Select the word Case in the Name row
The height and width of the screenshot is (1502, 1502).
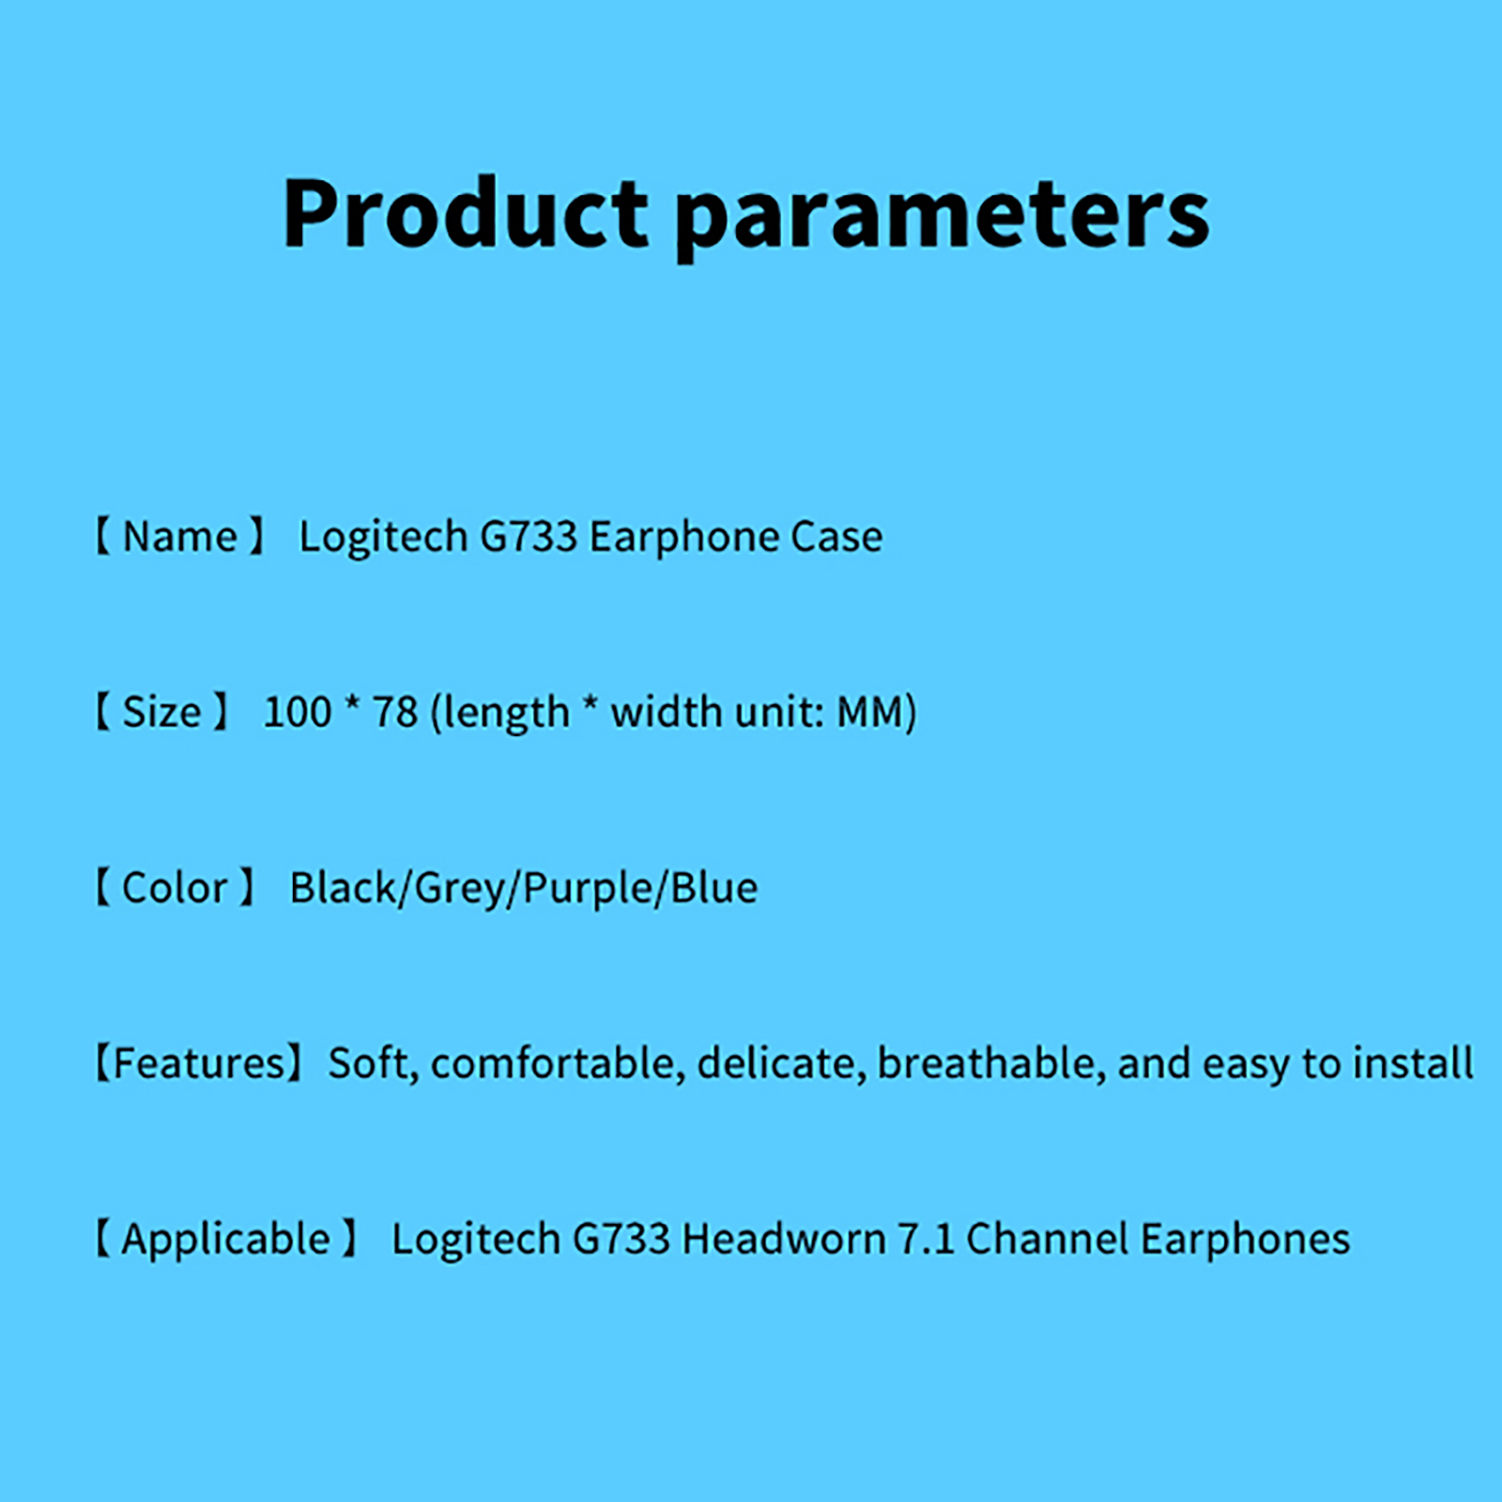click(x=836, y=536)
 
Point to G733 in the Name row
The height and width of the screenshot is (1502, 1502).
click(x=529, y=536)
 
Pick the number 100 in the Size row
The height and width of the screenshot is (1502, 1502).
click(x=298, y=712)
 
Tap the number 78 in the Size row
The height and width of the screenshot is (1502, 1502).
click(x=395, y=712)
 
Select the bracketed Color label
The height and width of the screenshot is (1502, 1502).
click(x=175, y=887)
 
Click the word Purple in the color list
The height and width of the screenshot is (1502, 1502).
click(x=588, y=888)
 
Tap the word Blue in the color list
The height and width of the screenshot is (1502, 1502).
click(x=714, y=887)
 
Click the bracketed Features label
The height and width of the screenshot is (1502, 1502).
click(x=199, y=1063)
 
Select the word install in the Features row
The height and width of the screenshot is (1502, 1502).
click(x=1414, y=1063)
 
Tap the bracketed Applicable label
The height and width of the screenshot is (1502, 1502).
click(x=226, y=1239)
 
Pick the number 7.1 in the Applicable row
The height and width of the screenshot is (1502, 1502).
click(x=927, y=1238)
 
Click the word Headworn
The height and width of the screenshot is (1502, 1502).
click(x=784, y=1238)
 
